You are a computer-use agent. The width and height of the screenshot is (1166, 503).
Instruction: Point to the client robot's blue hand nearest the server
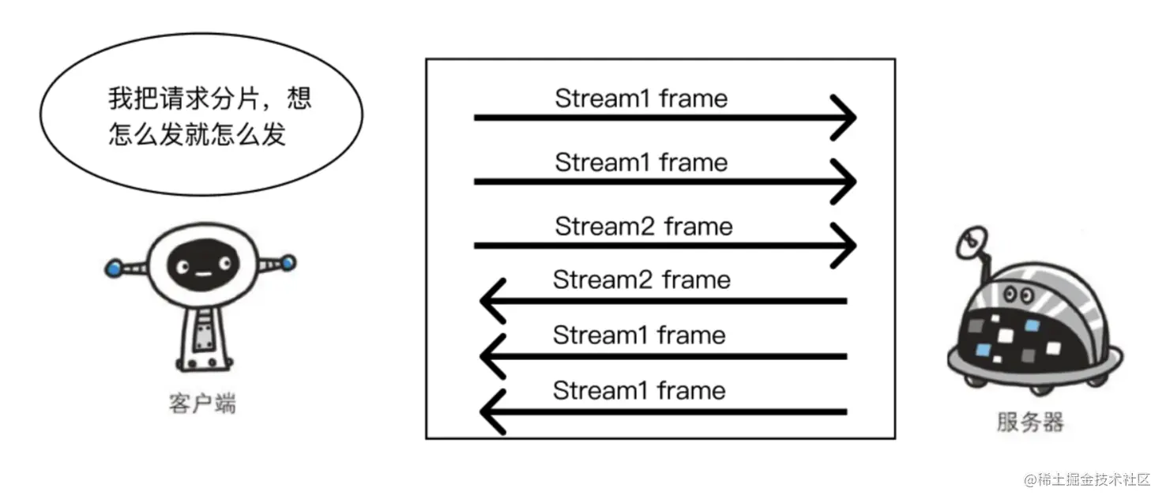(288, 261)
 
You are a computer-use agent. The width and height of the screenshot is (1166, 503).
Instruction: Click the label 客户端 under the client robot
(202, 404)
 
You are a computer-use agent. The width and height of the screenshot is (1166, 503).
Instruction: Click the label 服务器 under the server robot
(1029, 422)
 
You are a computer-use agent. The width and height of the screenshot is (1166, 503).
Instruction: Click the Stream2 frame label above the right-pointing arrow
(643, 227)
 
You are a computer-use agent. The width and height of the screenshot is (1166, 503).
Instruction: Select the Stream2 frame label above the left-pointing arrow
(641, 280)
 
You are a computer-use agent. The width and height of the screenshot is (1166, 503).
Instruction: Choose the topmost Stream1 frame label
(641, 99)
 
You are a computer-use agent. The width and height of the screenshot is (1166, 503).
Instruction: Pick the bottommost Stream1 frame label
(638, 390)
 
